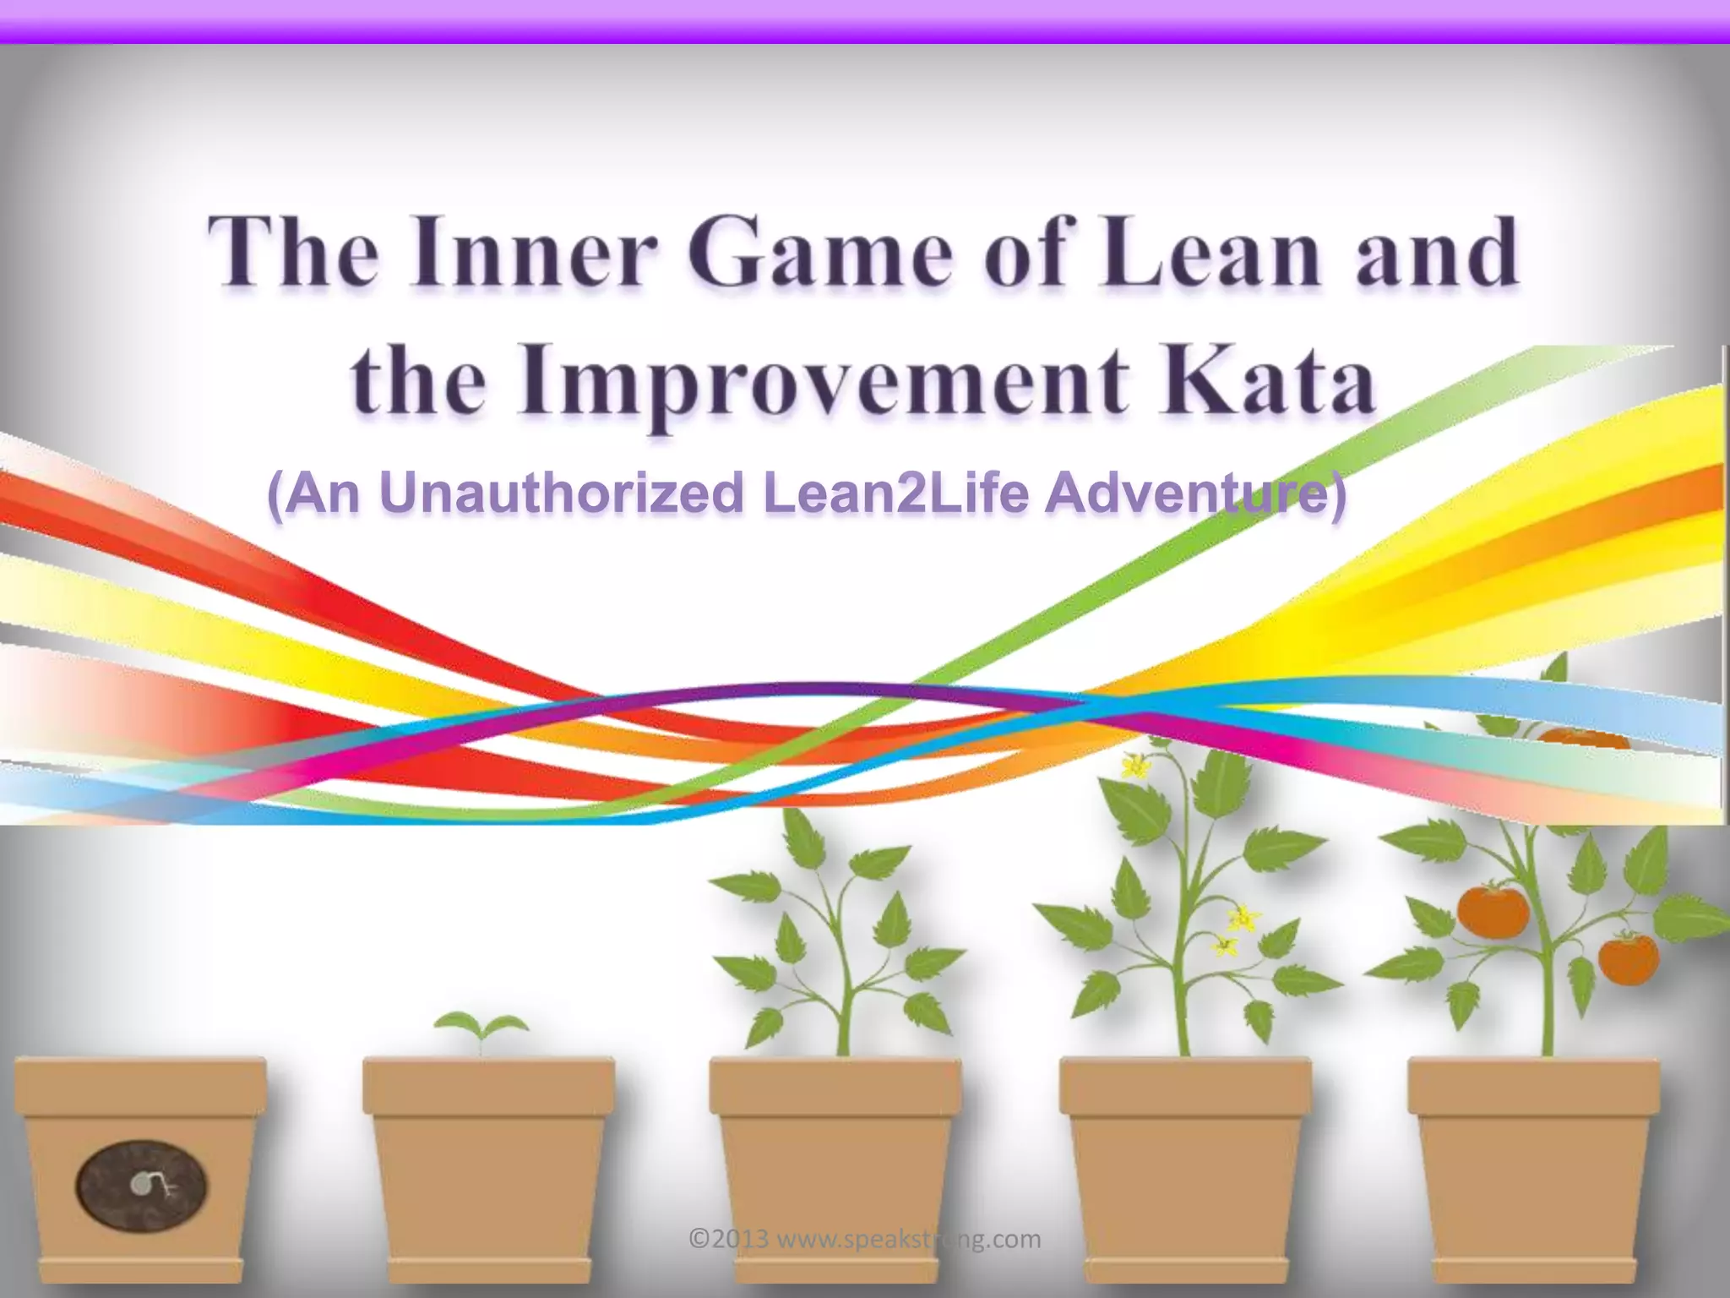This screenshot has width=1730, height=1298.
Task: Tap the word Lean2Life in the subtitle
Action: (x=896, y=494)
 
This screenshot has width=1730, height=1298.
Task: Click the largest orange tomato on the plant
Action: (x=1493, y=908)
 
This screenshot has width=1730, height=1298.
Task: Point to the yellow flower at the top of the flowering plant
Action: (x=1134, y=766)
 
